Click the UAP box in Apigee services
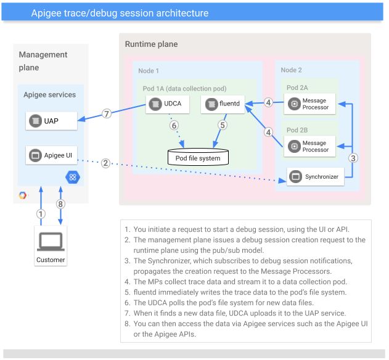(52, 120)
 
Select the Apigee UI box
(52, 155)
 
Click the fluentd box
(223, 104)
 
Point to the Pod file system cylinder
(194, 157)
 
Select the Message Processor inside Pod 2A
(310, 104)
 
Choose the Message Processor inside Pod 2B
(310, 147)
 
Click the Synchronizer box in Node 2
(314, 177)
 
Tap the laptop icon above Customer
(50, 242)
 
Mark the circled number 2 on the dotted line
(106, 163)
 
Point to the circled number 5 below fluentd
(222, 125)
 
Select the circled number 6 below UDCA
(174, 125)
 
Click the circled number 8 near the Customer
(60, 203)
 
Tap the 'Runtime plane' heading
(151, 44)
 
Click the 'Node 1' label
(149, 71)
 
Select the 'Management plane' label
(43, 61)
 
